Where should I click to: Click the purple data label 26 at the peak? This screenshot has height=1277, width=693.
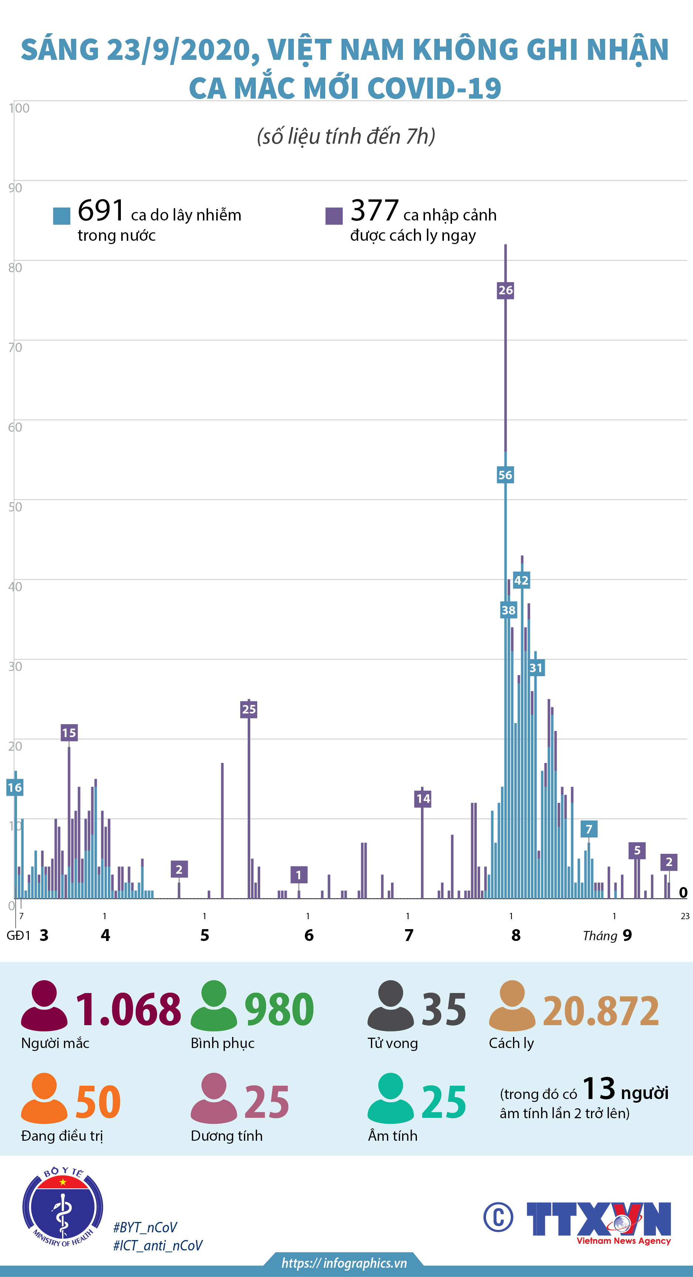point(505,291)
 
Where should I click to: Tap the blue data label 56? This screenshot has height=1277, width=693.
point(505,475)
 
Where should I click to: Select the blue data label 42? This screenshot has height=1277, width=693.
point(521,581)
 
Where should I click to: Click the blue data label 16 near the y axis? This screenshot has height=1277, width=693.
point(14,787)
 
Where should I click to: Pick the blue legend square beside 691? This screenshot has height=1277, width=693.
point(61,216)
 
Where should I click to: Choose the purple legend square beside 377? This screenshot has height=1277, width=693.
point(334,216)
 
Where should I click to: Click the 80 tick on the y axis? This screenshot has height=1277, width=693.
point(15,268)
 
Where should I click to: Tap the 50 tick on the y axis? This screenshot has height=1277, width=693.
point(15,507)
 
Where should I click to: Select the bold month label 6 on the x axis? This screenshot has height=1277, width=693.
point(309,935)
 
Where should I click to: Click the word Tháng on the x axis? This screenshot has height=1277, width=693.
point(600,936)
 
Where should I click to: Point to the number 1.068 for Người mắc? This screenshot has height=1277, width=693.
point(128,1010)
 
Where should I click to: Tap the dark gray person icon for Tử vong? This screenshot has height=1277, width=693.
point(390,1005)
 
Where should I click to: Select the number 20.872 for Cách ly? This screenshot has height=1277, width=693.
point(601,1011)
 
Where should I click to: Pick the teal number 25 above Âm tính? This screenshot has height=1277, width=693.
point(444,1102)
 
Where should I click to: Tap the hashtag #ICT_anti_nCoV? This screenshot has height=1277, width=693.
point(158,1245)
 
